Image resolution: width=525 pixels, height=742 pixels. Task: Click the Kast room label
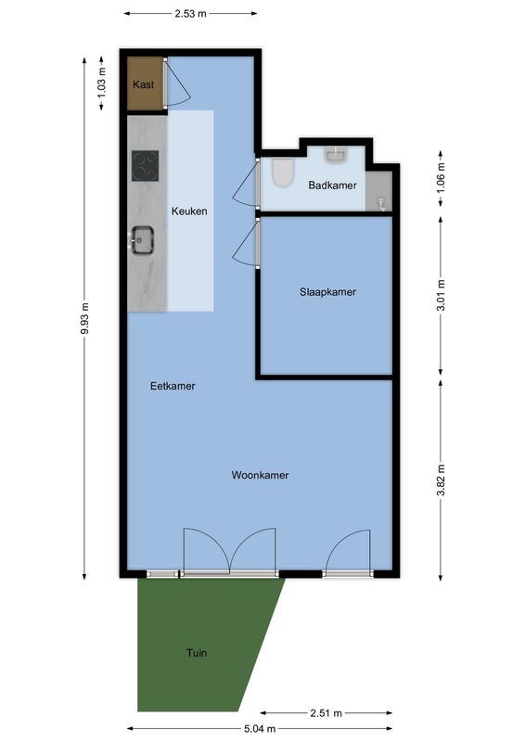pos(143,84)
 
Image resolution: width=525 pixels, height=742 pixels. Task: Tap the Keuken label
pos(189,211)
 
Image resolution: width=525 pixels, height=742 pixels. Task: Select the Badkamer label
pos(332,185)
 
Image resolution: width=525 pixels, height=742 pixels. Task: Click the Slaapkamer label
pos(327,291)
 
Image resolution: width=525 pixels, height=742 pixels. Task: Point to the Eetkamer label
pos(173,386)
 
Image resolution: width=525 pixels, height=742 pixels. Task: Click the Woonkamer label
pos(260,475)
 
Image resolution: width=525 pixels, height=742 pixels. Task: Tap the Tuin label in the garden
pos(196,653)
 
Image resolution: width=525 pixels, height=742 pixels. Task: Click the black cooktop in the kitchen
pos(145,166)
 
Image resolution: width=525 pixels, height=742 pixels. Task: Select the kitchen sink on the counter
pos(143,240)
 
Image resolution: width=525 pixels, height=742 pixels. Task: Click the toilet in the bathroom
pos(282,172)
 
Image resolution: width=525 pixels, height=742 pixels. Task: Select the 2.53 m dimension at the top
pos(189,14)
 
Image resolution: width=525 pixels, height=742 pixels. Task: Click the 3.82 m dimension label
pos(442,479)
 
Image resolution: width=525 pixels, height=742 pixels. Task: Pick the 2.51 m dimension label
pos(326,712)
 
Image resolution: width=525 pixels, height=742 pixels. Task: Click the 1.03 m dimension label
pos(102,83)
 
